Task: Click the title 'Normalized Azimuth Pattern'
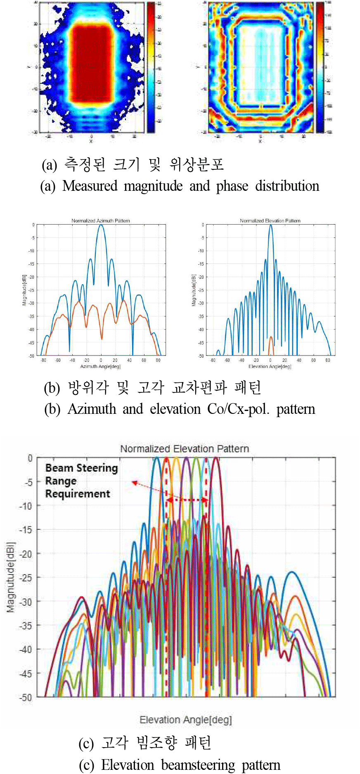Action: pyautogui.click(x=101, y=221)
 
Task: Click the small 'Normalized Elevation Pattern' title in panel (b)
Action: pyautogui.click(x=270, y=221)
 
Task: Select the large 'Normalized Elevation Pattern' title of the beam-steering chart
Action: pyautogui.click(x=185, y=449)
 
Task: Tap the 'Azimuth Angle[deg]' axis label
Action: pyautogui.click(x=100, y=366)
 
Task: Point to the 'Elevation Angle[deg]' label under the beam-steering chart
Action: pyautogui.click(x=186, y=720)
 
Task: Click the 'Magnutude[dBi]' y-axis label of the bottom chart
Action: pyautogui.click(x=11, y=577)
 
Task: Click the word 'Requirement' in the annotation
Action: pyautogui.click(x=78, y=494)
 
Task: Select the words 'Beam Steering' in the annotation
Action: pyautogui.click(x=81, y=468)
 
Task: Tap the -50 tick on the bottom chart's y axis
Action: pyautogui.click(x=26, y=697)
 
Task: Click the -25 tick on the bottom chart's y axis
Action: pyautogui.click(x=26, y=577)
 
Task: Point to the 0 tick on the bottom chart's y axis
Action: pyautogui.click(x=30, y=458)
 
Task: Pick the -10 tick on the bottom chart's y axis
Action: pyautogui.click(x=26, y=506)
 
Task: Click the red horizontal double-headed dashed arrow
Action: pyautogui.click(x=187, y=500)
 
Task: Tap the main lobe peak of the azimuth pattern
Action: pyautogui.click(x=101, y=226)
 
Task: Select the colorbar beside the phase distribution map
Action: pyautogui.click(x=320, y=67)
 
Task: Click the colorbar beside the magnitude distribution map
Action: pyautogui.click(x=151, y=67)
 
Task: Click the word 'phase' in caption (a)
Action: pyautogui.click(x=232, y=186)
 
